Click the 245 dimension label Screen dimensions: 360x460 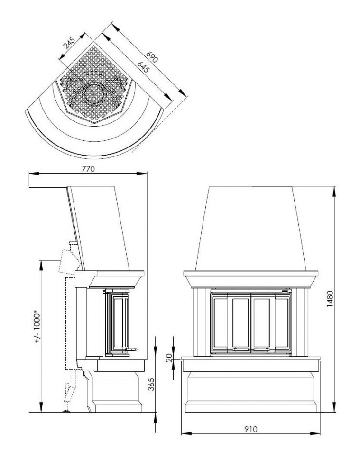tap(70, 43)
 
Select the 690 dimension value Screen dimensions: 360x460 tap(152, 57)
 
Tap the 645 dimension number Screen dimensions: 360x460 tap(143, 67)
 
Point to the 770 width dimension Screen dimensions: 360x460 tap(88, 169)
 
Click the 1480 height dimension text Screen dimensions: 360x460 tap(330, 299)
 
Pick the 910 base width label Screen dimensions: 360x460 tap(250, 429)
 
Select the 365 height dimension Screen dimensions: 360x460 tap(151, 384)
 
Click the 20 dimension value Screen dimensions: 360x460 tap(169, 358)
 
